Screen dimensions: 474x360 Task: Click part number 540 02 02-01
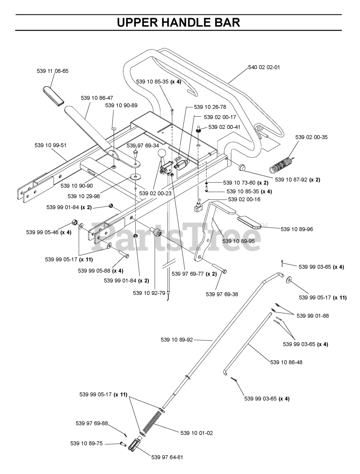coord(264,67)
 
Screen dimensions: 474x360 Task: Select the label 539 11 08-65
coord(53,71)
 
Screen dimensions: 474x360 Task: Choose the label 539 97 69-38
coord(222,294)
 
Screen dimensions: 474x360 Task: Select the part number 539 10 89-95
coord(239,241)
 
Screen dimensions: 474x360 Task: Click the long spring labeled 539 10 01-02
coord(152,421)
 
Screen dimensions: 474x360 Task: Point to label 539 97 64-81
coord(167,457)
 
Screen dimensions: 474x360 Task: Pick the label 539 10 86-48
coord(286,362)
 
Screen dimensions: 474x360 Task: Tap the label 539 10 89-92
coord(177,339)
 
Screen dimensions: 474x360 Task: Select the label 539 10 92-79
coord(149,293)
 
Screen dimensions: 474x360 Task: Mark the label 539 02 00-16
coord(244,199)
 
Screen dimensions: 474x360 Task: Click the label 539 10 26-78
coord(210,107)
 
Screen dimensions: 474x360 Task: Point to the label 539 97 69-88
coord(92,423)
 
